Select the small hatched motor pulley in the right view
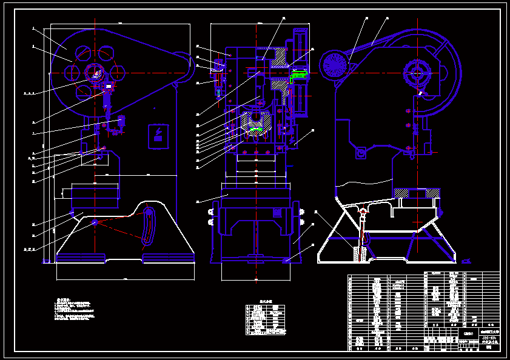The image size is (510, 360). (334, 64)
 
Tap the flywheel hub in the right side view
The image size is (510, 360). (417, 72)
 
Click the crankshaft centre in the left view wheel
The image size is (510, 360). (95, 73)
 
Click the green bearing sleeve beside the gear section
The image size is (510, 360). (300, 75)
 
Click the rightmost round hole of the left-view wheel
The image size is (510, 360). (118, 73)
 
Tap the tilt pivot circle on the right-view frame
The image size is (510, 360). (361, 154)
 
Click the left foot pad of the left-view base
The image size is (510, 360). (81, 258)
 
